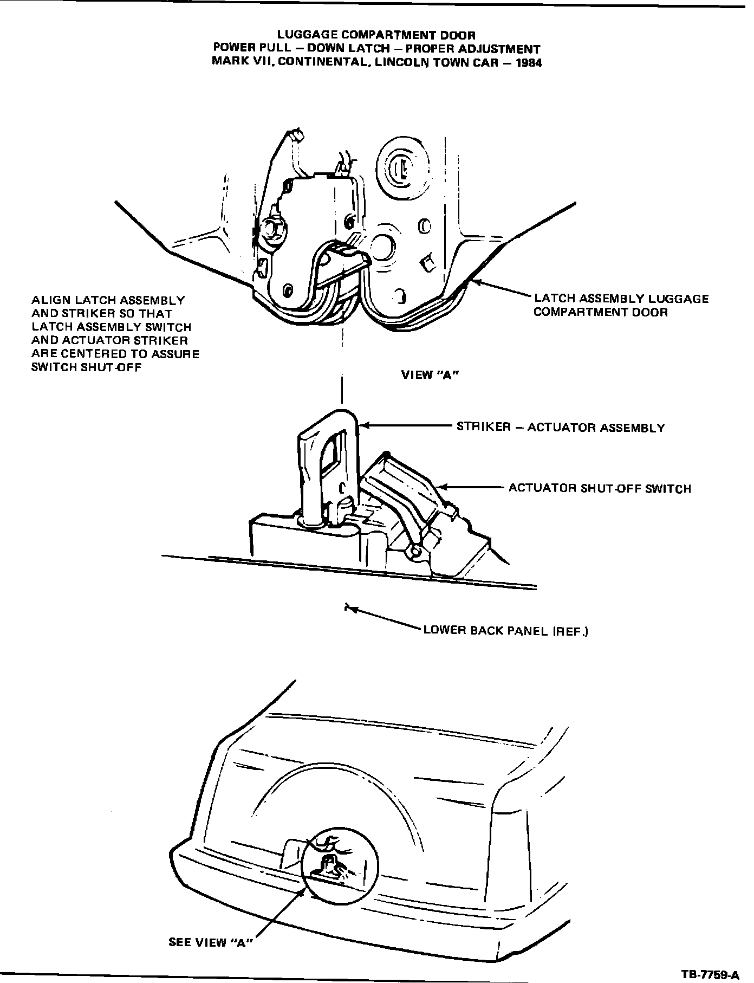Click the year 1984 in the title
pos(528,62)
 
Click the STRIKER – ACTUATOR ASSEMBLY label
pos(561,428)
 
